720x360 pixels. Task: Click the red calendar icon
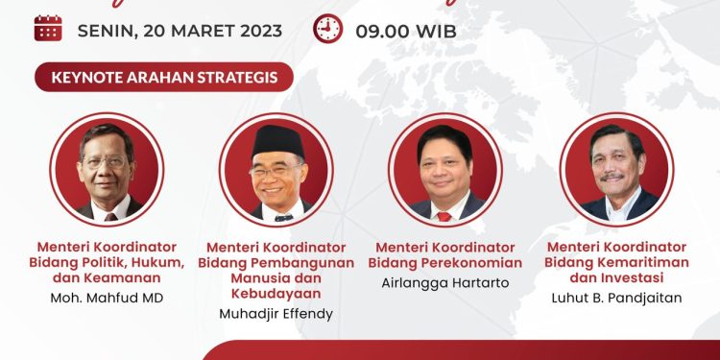tap(48, 29)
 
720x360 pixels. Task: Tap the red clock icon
tap(328, 29)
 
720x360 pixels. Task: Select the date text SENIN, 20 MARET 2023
tap(180, 30)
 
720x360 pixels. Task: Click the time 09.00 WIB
tap(406, 30)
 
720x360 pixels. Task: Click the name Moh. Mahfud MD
tap(107, 298)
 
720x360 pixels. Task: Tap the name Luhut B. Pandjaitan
tap(615, 298)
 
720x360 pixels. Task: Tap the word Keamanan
tap(122, 277)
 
